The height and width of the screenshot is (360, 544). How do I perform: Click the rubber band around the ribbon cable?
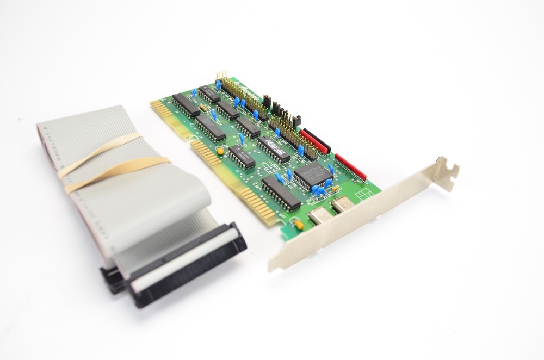[109, 163]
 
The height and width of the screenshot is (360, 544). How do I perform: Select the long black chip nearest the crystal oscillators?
[281, 193]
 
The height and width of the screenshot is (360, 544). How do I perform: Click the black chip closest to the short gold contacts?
[186, 105]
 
